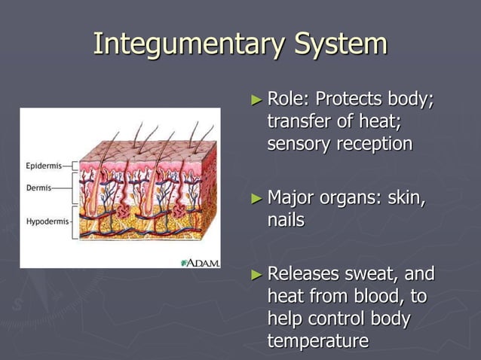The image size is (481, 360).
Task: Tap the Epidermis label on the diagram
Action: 38,164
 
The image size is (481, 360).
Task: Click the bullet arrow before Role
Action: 257,99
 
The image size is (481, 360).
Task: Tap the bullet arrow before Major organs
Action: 257,199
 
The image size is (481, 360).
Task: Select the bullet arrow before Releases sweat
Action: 257,273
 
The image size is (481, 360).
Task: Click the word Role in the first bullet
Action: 287,99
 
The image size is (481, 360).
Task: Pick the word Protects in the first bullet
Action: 349,99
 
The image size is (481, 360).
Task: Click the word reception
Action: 373,144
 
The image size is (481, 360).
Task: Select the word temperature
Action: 317,341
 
